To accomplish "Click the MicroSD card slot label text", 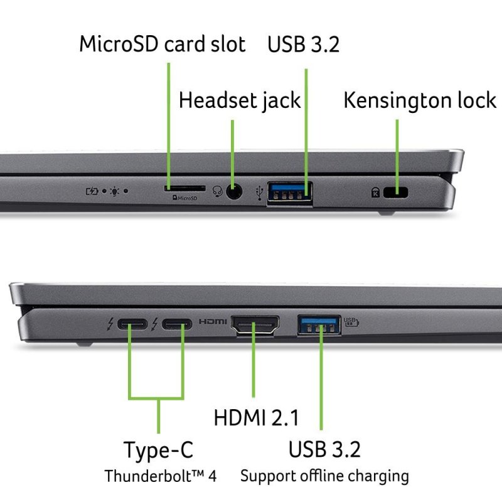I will (x=162, y=45).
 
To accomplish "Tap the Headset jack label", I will (x=240, y=100).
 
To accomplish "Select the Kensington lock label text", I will (x=420, y=100).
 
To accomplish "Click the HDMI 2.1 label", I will (x=257, y=417).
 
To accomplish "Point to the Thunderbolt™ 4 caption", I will (x=160, y=476).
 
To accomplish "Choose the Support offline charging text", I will (x=324, y=476).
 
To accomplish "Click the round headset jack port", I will (x=233, y=191).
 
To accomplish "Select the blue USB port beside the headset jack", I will (x=290, y=192).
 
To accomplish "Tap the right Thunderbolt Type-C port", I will (x=177, y=324).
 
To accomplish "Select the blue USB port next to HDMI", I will (x=319, y=324).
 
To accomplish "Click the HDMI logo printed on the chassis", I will (x=213, y=322).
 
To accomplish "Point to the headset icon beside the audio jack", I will (x=218, y=190).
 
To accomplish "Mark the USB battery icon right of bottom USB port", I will (x=351, y=322).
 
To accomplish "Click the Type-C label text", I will (x=158, y=450).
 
